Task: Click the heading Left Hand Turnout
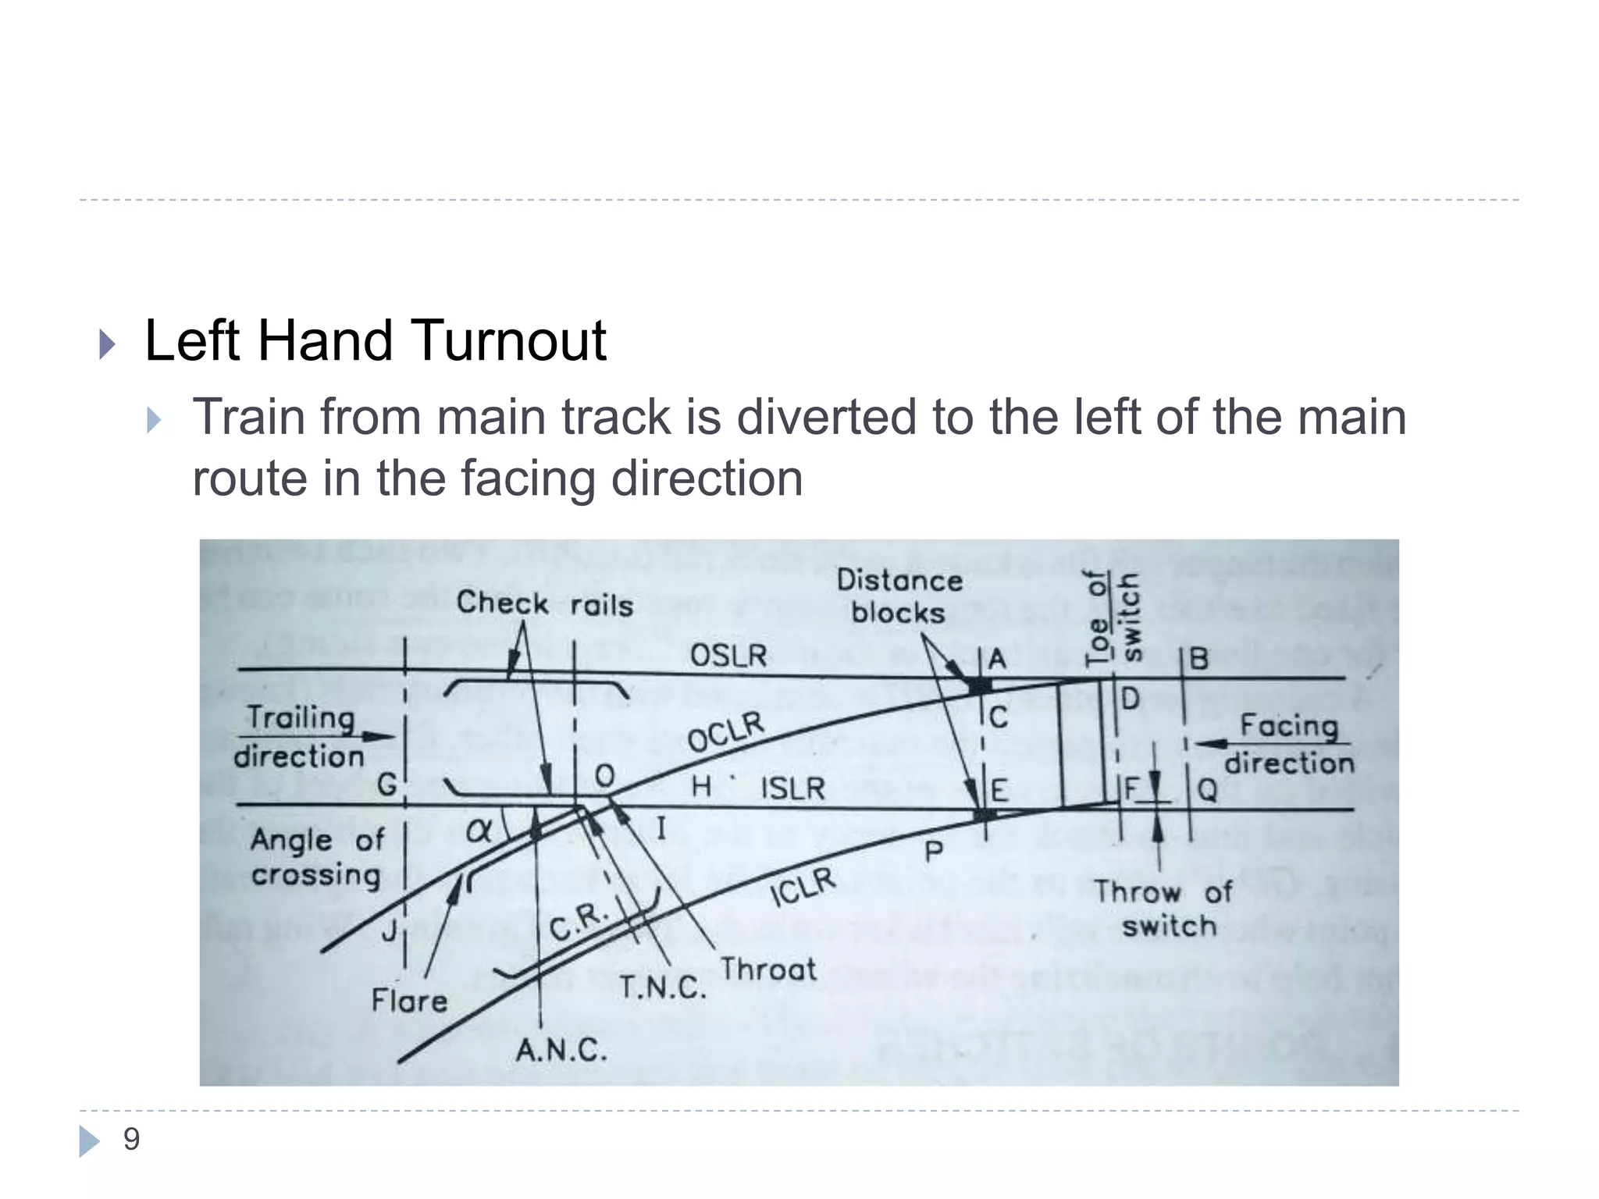(375, 341)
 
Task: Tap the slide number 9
(131, 1140)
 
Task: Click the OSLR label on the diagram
(728, 655)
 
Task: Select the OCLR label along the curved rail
(725, 731)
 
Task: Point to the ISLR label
(792, 788)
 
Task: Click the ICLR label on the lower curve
(803, 888)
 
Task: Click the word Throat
(767, 970)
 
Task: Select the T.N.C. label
(662, 987)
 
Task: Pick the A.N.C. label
(561, 1051)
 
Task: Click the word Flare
(409, 1001)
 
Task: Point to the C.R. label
(578, 921)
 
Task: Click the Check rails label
(544, 604)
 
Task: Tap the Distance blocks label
(899, 596)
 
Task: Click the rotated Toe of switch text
(1113, 617)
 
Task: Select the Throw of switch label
(1163, 909)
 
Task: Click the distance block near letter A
(978, 686)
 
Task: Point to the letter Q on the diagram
(1207, 791)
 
